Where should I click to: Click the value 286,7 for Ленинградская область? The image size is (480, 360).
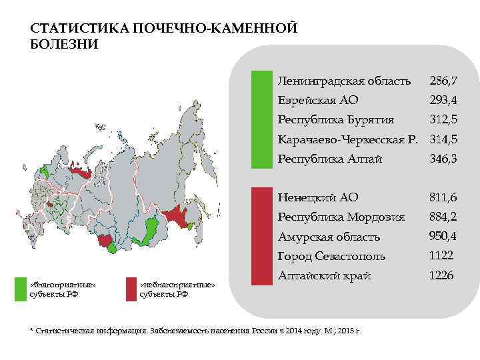(x=443, y=81)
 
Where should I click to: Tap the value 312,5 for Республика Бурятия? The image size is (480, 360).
(x=443, y=120)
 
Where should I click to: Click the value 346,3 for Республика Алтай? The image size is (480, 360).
(x=443, y=159)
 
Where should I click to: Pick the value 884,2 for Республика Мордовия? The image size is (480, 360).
(x=443, y=217)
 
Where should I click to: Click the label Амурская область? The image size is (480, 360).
(x=329, y=237)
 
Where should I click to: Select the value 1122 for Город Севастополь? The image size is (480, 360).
(x=441, y=255)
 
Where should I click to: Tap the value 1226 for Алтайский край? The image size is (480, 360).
(x=441, y=275)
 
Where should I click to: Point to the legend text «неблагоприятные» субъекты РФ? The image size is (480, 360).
(x=177, y=289)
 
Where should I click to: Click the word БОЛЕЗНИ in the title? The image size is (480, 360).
(x=64, y=45)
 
